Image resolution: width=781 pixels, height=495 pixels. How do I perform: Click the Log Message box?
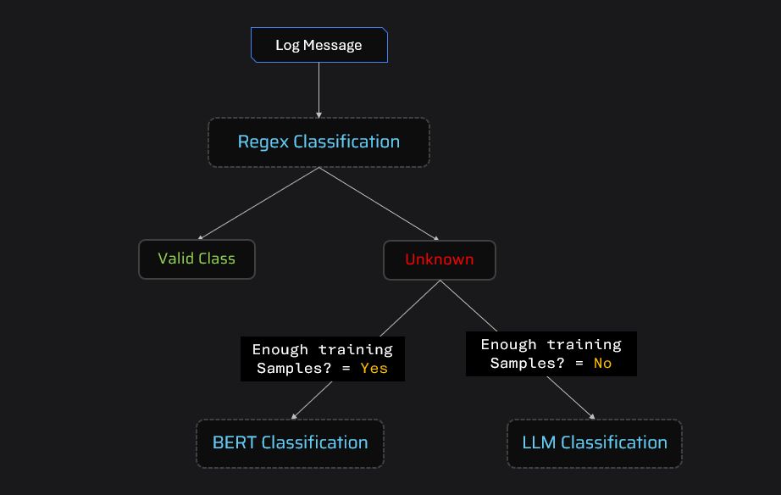click(x=318, y=45)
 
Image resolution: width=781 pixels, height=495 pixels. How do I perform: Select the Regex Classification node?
click(x=318, y=142)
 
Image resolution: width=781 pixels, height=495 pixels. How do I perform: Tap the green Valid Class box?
click(x=197, y=259)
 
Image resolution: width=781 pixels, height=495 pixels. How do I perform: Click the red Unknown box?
click(x=439, y=259)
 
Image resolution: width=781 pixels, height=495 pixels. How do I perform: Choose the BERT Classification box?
click(x=290, y=442)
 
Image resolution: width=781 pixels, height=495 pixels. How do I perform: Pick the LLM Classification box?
click(x=594, y=442)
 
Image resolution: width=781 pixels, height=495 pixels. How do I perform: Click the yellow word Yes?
click(x=374, y=368)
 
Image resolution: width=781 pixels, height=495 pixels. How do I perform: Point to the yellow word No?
click(x=601, y=363)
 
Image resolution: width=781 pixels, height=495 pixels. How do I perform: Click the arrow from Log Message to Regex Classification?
click(x=318, y=89)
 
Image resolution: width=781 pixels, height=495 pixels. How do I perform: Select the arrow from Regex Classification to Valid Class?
click(x=258, y=203)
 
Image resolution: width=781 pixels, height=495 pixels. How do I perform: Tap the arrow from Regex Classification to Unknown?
click(x=379, y=203)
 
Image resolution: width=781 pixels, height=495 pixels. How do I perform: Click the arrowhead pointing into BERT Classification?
click(x=294, y=416)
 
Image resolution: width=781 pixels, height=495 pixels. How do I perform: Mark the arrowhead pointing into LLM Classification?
click(x=591, y=415)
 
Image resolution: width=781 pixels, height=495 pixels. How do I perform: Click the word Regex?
click(x=263, y=142)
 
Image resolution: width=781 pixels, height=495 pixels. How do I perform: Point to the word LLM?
click(x=539, y=442)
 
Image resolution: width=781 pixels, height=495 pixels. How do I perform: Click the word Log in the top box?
click(x=288, y=45)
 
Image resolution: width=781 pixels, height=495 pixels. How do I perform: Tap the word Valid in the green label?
click(x=175, y=259)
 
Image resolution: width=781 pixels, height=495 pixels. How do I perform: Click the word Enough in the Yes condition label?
click(x=280, y=349)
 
